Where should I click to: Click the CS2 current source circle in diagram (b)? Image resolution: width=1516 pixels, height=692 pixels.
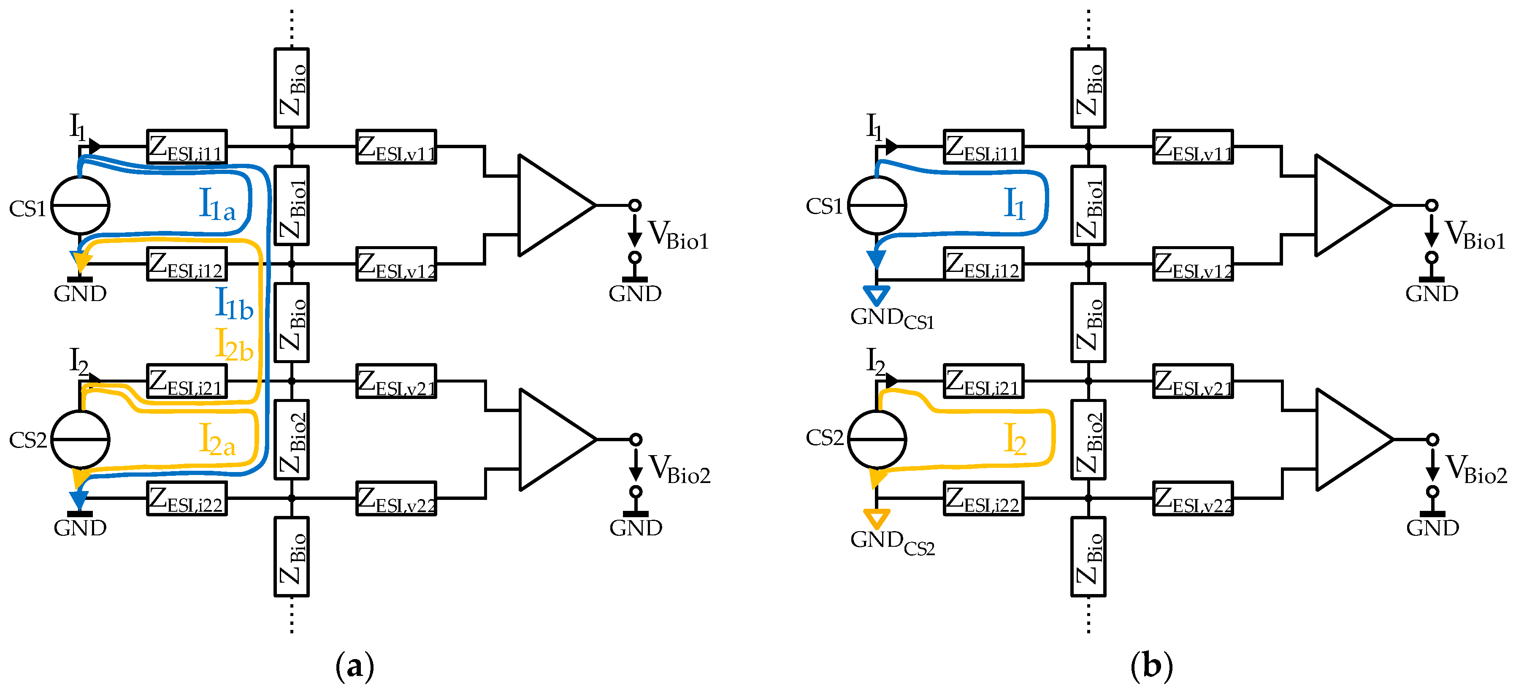click(877, 440)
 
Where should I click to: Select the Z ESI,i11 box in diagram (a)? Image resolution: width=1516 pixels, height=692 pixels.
click(187, 147)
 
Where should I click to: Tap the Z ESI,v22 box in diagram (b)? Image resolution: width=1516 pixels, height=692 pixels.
click(1192, 498)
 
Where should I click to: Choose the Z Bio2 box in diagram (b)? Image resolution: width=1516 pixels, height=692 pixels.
click(1088, 440)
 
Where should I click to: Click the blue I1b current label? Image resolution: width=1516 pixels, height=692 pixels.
click(234, 304)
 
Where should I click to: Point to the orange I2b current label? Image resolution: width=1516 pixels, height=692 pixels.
click(234, 345)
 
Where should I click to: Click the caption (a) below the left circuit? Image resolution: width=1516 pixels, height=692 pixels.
click(354, 666)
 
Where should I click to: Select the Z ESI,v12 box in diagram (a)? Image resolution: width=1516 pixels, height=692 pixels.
click(396, 264)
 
